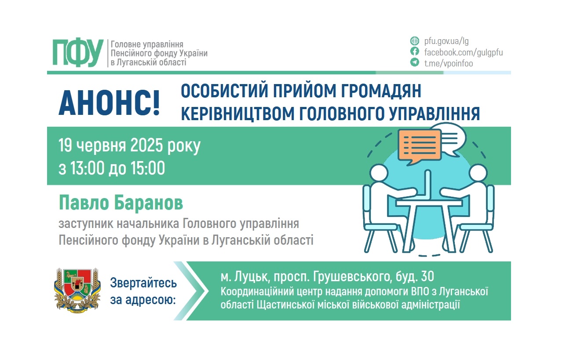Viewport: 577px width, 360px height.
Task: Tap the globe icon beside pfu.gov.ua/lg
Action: (x=414, y=41)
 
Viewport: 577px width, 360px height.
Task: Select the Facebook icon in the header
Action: (x=414, y=52)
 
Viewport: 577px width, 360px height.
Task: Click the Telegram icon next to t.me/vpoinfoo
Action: (x=414, y=63)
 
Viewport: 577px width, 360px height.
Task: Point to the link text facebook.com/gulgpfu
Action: (x=463, y=52)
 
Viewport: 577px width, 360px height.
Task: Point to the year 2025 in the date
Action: (x=145, y=145)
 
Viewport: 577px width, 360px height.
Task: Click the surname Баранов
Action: (x=149, y=204)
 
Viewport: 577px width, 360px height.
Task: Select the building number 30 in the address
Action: (x=427, y=276)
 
